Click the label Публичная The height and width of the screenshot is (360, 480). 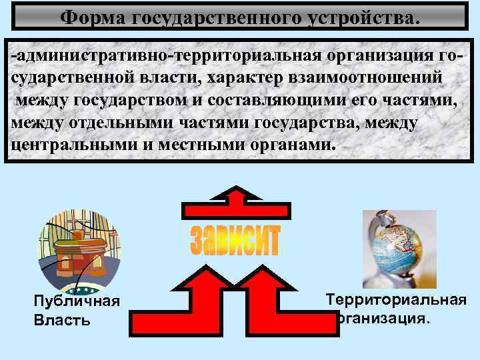point(77,301)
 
